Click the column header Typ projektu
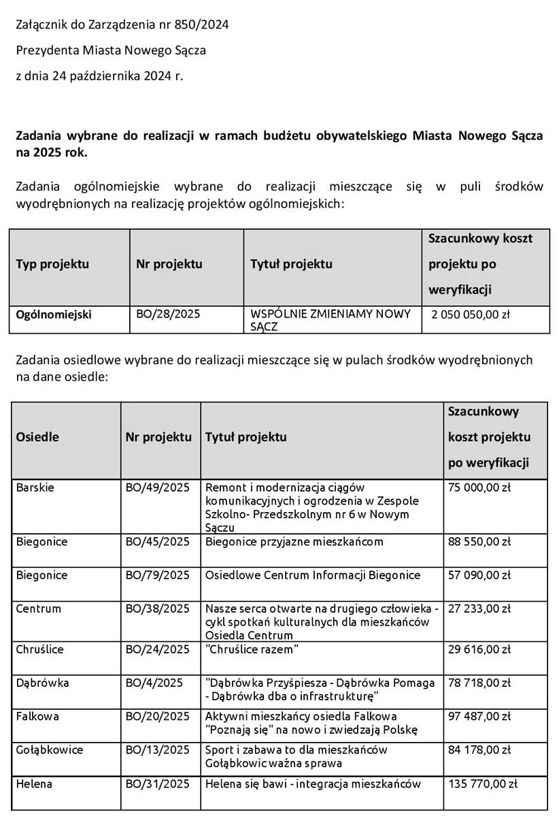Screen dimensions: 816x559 (52, 263)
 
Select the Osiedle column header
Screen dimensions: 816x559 (37, 437)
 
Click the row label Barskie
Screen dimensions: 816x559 (35, 487)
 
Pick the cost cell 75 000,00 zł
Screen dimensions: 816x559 (479, 487)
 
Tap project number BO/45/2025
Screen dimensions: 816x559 (157, 541)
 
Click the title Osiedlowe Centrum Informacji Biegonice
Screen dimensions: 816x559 (313, 575)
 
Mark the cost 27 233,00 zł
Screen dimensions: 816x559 (479, 608)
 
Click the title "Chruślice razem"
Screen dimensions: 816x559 (252, 649)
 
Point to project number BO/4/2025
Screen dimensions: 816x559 (154, 682)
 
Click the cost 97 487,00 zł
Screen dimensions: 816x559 (479, 716)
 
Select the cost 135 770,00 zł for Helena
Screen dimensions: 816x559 (482, 783)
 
